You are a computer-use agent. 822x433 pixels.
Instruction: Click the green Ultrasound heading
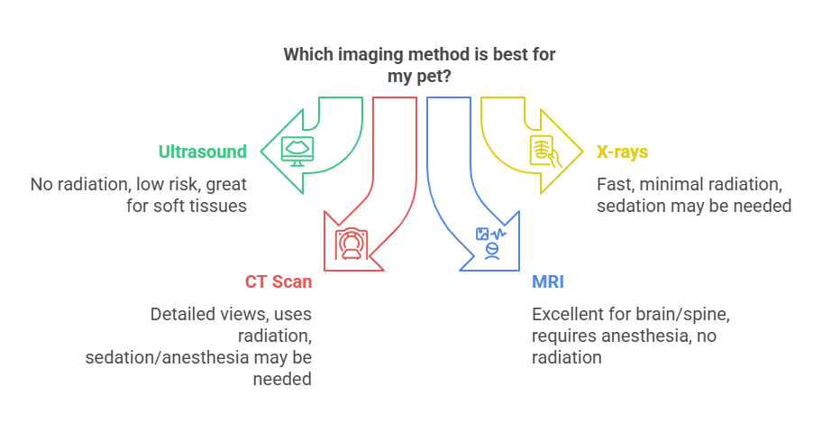click(x=203, y=152)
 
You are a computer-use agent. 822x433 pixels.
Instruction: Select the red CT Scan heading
click(x=279, y=281)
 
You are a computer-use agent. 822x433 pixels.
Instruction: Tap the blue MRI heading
click(x=548, y=281)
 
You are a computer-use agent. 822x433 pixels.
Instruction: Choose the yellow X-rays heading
click(x=622, y=152)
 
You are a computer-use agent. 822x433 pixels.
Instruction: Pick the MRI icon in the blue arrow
click(x=491, y=243)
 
